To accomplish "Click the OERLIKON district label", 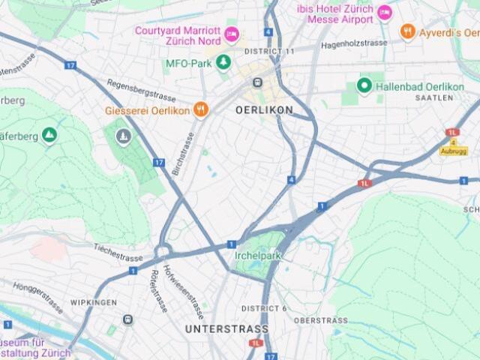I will coord(263,109).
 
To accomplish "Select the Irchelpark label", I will coord(257,255).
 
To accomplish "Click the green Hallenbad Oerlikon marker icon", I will coord(364,86).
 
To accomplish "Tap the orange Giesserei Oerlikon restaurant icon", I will coord(200,109).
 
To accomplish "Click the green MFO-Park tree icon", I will coord(223,61).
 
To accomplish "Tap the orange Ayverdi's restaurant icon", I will coord(408,31).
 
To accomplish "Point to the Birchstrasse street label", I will coord(183,154).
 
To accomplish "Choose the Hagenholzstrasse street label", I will coord(353,43).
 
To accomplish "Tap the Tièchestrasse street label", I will coord(118,251).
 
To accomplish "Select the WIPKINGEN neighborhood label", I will coord(93,302).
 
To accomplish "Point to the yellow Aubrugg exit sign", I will coord(453,151).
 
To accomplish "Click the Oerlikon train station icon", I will coord(257,82).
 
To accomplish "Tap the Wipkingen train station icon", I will coord(127,320).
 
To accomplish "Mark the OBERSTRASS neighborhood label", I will coord(320,320).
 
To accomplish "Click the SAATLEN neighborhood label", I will coord(433,98).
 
